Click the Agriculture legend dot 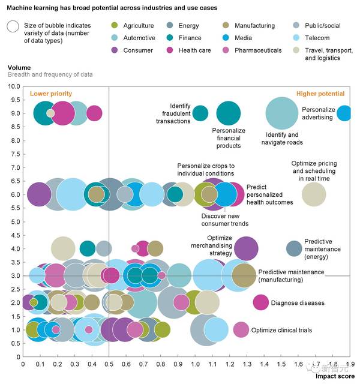coord(113,26)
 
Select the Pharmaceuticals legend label coord(259,50)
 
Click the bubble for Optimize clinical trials coord(241,329)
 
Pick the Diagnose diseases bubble coord(260,302)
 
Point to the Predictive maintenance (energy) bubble coord(294,248)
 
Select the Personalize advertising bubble coord(344,113)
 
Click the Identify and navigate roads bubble coord(281,113)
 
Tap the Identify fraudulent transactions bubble coord(200,113)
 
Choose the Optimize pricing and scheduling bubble coord(313,193)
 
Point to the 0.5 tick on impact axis coord(109,364)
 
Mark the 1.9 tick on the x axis coord(350,364)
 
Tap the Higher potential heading coord(320,94)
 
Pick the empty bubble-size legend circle coord(12,26)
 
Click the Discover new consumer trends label coord(225,220)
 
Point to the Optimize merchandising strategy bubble coord(246,248)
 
